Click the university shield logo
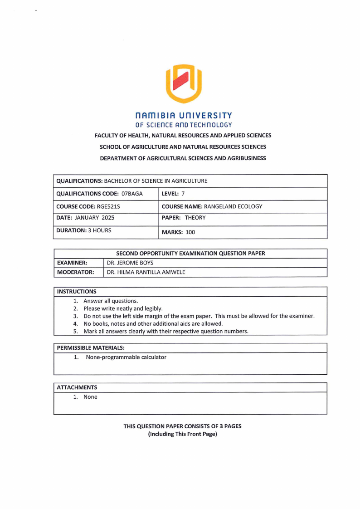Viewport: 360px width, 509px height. coord(184,83)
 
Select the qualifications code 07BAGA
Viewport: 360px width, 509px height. coord(132,194)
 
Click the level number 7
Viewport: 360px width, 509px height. coord(183,194)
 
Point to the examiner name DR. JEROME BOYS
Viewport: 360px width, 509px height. coord(130,263)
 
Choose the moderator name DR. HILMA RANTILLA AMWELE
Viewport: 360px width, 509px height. coord(146,272)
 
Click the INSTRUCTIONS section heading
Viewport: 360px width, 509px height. coord(77,291)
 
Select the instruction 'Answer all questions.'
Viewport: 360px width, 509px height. coord(111,301)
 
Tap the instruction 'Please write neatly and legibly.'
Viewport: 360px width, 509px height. coord(123,308)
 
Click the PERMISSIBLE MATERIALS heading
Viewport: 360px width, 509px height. coord(90,348)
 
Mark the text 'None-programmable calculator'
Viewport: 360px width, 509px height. coord(126,357)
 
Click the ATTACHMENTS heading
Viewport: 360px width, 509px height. coord(77,387)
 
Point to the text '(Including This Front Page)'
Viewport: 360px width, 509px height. coord(182,434)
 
